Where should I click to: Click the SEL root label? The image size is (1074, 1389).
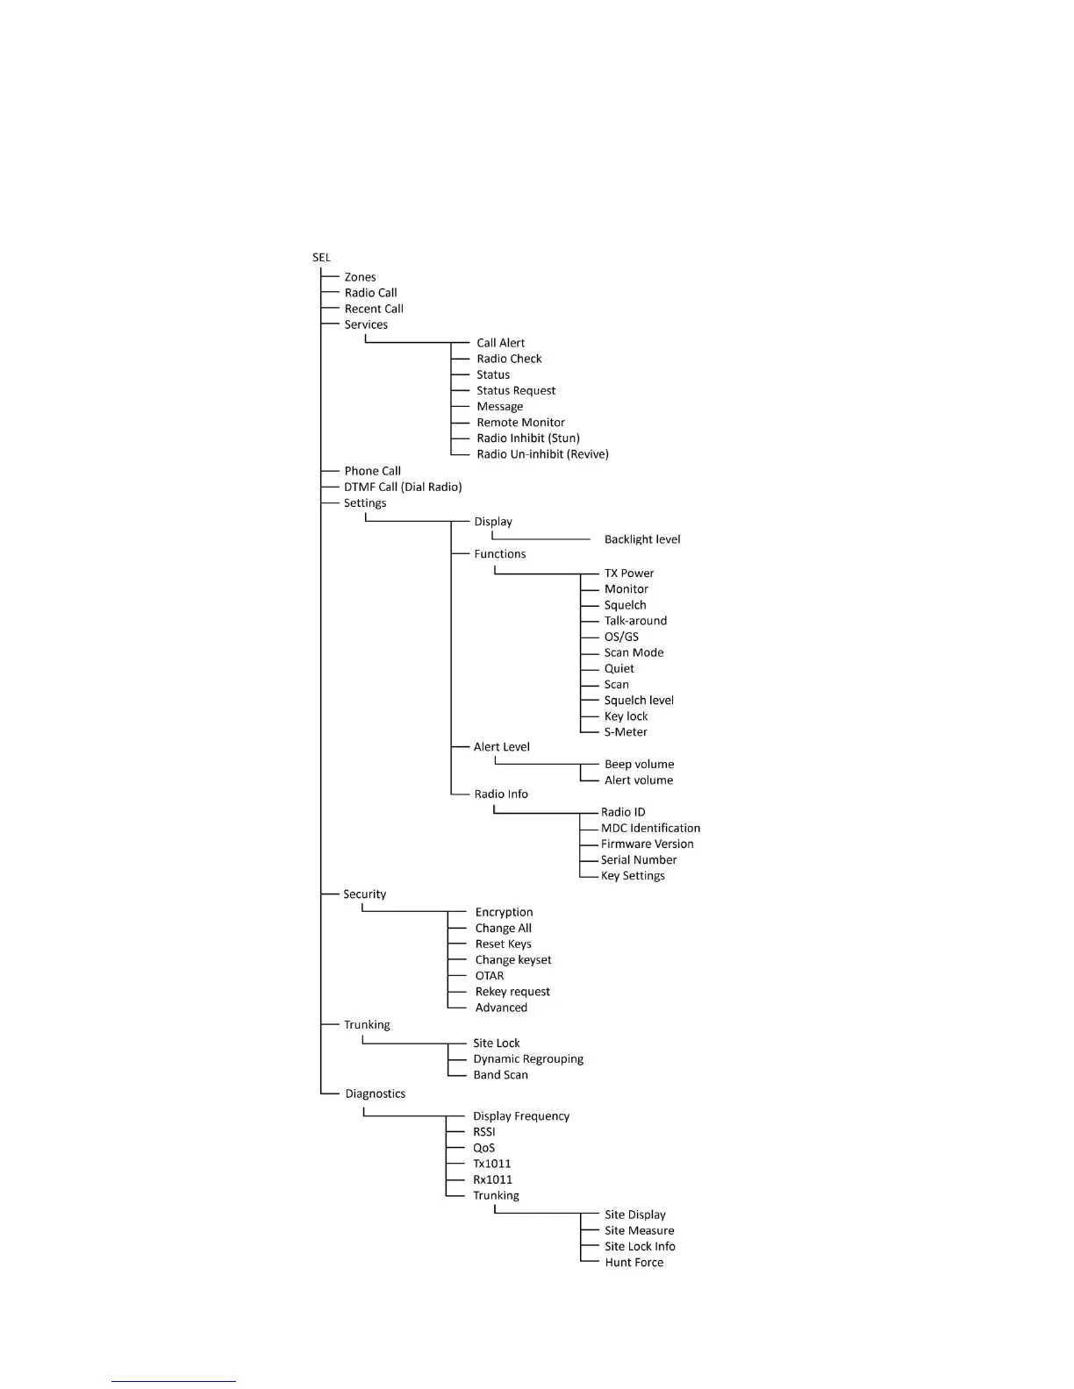point(321,258)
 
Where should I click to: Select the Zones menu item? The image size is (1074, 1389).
point(360,277)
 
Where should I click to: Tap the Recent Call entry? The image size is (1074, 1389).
point(374,309)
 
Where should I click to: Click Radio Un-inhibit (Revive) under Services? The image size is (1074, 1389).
point(542,454)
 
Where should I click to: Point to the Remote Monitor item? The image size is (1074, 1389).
point(520,423)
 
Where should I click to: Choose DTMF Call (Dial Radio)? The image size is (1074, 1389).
point(403,487)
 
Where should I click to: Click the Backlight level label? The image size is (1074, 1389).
point(642,539)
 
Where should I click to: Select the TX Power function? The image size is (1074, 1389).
point(629,573)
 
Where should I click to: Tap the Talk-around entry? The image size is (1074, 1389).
point(635,621)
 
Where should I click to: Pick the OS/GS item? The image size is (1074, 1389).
point(621,637)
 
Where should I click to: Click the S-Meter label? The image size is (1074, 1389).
point(626,732)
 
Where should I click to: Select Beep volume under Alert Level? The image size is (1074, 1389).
point(639,765)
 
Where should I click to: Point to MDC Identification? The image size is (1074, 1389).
point(650,829)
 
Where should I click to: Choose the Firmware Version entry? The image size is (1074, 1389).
point(647,844)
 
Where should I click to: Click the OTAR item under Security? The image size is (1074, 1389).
point(490,976)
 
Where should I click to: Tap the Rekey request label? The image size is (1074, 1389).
point(512,992)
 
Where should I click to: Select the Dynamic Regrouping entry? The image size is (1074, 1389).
point(528,1059)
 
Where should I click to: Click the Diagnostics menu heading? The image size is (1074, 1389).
point(375,1094)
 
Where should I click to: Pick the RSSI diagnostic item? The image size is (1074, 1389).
point(484,1132)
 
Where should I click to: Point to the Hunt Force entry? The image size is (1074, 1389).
point(634,1263)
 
